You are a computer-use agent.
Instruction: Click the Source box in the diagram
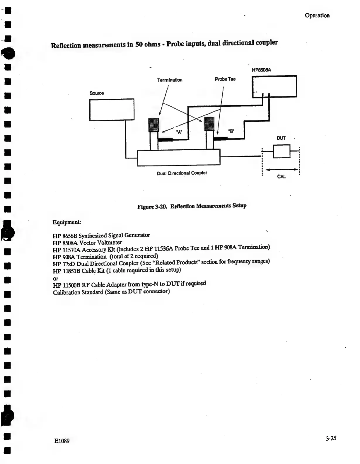[x=112, y=110]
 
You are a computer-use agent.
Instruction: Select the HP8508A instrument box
[x=274, y=86]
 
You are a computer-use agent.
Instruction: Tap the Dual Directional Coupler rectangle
[x=179, y=158]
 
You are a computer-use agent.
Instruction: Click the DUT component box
[x=281, y=151]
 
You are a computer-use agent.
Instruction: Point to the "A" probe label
[x=179, y=132]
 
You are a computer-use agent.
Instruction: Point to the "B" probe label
[x=231, y=131]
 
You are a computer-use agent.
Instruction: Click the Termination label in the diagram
[x=170, y=80]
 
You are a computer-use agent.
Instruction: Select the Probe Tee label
[x=225, y=79]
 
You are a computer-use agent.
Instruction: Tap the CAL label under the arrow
[x=281, y=177]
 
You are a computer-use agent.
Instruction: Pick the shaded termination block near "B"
[x=209, y=124]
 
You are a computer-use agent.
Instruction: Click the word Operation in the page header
[x=317, y=16]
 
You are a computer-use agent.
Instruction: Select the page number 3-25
[x=330, y=438]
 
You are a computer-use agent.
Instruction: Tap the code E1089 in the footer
[x=62, y=441]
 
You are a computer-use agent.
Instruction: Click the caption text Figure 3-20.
[x=152, y=207]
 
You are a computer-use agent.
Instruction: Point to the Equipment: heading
[x=67, y=222]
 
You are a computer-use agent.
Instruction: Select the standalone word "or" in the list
[x=55, y=279]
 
